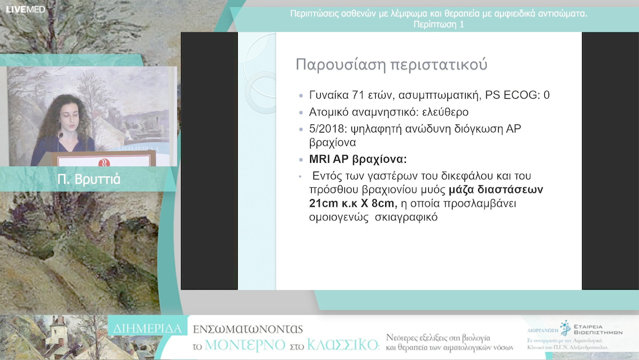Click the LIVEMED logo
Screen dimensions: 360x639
pos(25,9)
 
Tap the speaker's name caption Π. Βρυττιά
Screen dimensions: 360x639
pos(89,179)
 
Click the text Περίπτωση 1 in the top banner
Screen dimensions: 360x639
pos(438,24)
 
